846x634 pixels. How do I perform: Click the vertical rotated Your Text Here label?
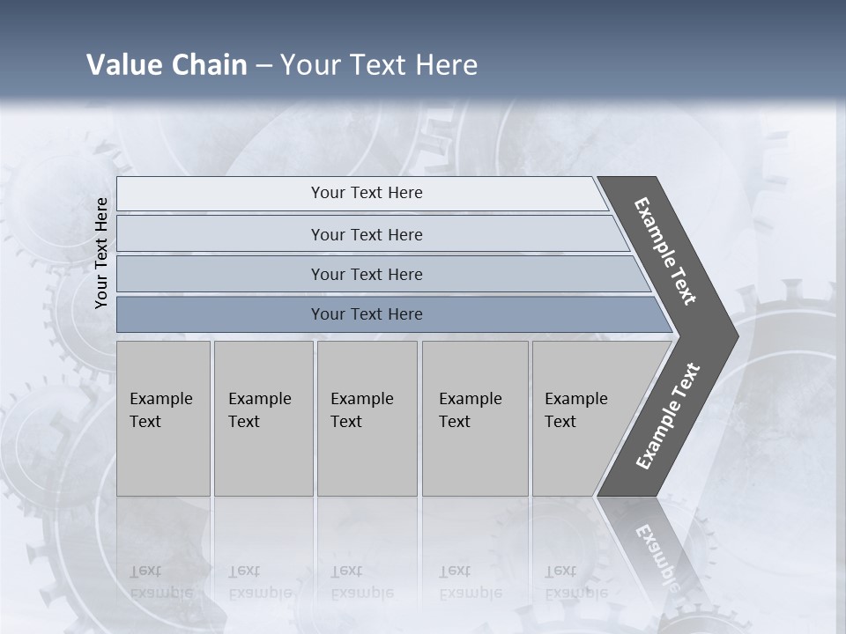pos(102,253)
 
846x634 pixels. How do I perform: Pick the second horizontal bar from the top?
pos(367,234)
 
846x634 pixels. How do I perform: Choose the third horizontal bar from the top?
pos(367,274)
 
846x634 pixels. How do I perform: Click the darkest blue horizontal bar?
pos(367,314)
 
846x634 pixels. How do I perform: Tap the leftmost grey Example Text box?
pos(163,418)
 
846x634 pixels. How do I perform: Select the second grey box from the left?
pos(263,418)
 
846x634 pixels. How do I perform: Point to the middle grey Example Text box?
pos(367,418)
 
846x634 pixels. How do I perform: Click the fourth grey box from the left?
pos(475,418)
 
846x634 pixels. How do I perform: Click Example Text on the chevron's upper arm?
pos(665,251)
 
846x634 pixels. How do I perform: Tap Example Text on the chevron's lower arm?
pos(667,416)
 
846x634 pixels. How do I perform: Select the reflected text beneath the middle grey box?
pos(361,582)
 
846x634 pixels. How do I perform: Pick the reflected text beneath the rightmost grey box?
pos(575,582)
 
